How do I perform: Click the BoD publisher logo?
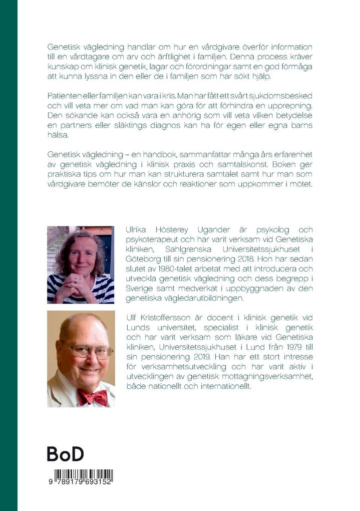point(65,453)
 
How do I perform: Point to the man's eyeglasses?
point(88,351)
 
